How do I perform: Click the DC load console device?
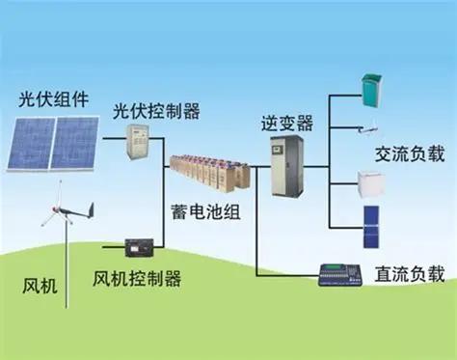click(344, 273)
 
